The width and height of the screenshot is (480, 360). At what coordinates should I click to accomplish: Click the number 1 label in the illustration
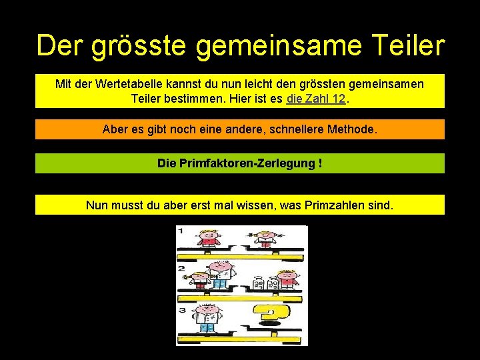point(180,231)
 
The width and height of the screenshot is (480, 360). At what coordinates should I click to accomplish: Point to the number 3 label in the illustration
point(181,310)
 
